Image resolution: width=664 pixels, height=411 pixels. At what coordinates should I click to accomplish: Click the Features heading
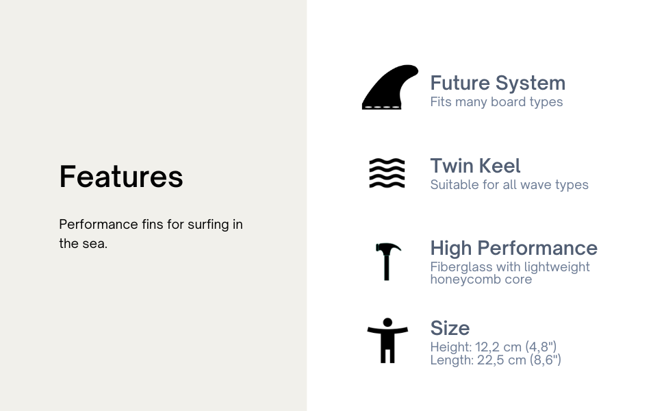click(121, 176)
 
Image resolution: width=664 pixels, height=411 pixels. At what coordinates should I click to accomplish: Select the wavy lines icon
click(387, 173)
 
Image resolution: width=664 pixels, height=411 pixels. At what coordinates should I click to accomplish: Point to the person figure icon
click(387, 340)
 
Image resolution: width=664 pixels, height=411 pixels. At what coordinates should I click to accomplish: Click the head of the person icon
click(387, 323)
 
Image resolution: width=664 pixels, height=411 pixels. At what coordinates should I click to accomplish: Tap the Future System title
click(498, 83)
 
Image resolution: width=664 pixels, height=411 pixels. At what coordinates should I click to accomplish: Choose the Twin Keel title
click(475, 166)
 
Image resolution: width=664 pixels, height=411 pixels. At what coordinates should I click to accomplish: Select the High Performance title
click(513, 248)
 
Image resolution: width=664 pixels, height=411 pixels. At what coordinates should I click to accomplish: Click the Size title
click(450, 328)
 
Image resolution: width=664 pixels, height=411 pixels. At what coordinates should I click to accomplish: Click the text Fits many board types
click(496, 101)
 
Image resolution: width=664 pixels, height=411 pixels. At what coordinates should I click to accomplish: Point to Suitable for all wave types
click(509, 185)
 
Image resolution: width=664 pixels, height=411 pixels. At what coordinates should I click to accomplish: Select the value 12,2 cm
click(498, 347)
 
